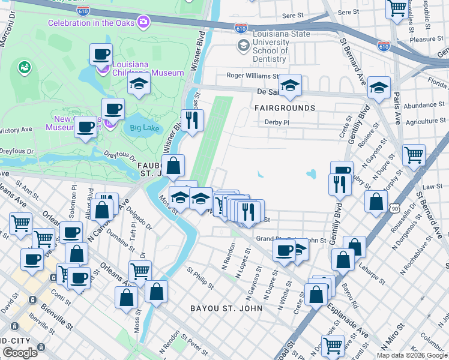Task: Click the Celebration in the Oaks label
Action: point(91,23)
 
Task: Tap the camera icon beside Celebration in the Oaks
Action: point(143,23)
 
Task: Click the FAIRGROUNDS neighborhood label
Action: point(285,108)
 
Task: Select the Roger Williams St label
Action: point(252,76)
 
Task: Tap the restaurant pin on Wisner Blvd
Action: point(192,120)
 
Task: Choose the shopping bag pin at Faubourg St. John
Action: point(173,166)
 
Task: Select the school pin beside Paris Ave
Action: point(379,87)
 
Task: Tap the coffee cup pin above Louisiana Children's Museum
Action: point(101,54)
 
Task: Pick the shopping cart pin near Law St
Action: point(414,155)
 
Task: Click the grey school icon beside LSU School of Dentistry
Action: point(243,45)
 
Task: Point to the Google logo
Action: point(20,352)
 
